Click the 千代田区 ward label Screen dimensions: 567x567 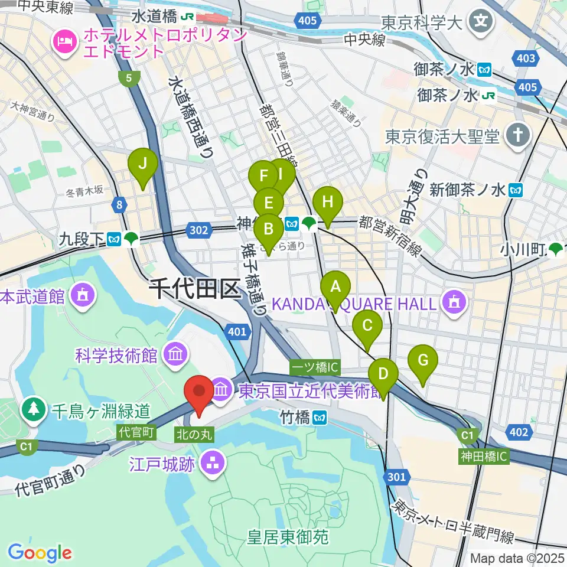point(195,291)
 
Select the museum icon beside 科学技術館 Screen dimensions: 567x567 point(176,355)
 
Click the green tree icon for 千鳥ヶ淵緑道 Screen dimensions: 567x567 point(34,409)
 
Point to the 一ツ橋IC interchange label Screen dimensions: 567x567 point(315,367)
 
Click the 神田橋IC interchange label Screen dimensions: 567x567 point(484,456)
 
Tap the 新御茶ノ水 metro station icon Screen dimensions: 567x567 point(517,190)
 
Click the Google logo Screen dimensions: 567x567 point(40,553)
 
